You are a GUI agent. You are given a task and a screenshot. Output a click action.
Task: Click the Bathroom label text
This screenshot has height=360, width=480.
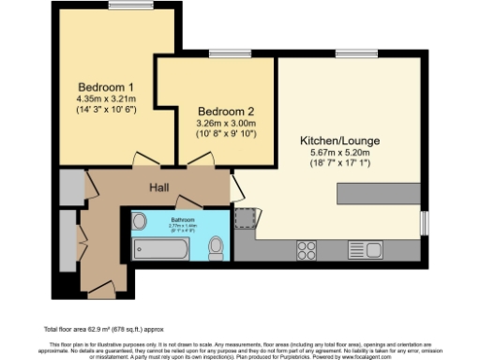click(x=183, y=217)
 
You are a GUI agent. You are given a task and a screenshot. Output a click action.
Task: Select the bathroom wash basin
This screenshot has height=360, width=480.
click(x=141, y=221)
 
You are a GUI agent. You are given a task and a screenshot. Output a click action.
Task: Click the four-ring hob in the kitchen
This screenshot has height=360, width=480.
click(x=306, y=249)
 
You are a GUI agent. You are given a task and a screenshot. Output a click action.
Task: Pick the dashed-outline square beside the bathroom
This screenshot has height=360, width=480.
click(x=246, y=219)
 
